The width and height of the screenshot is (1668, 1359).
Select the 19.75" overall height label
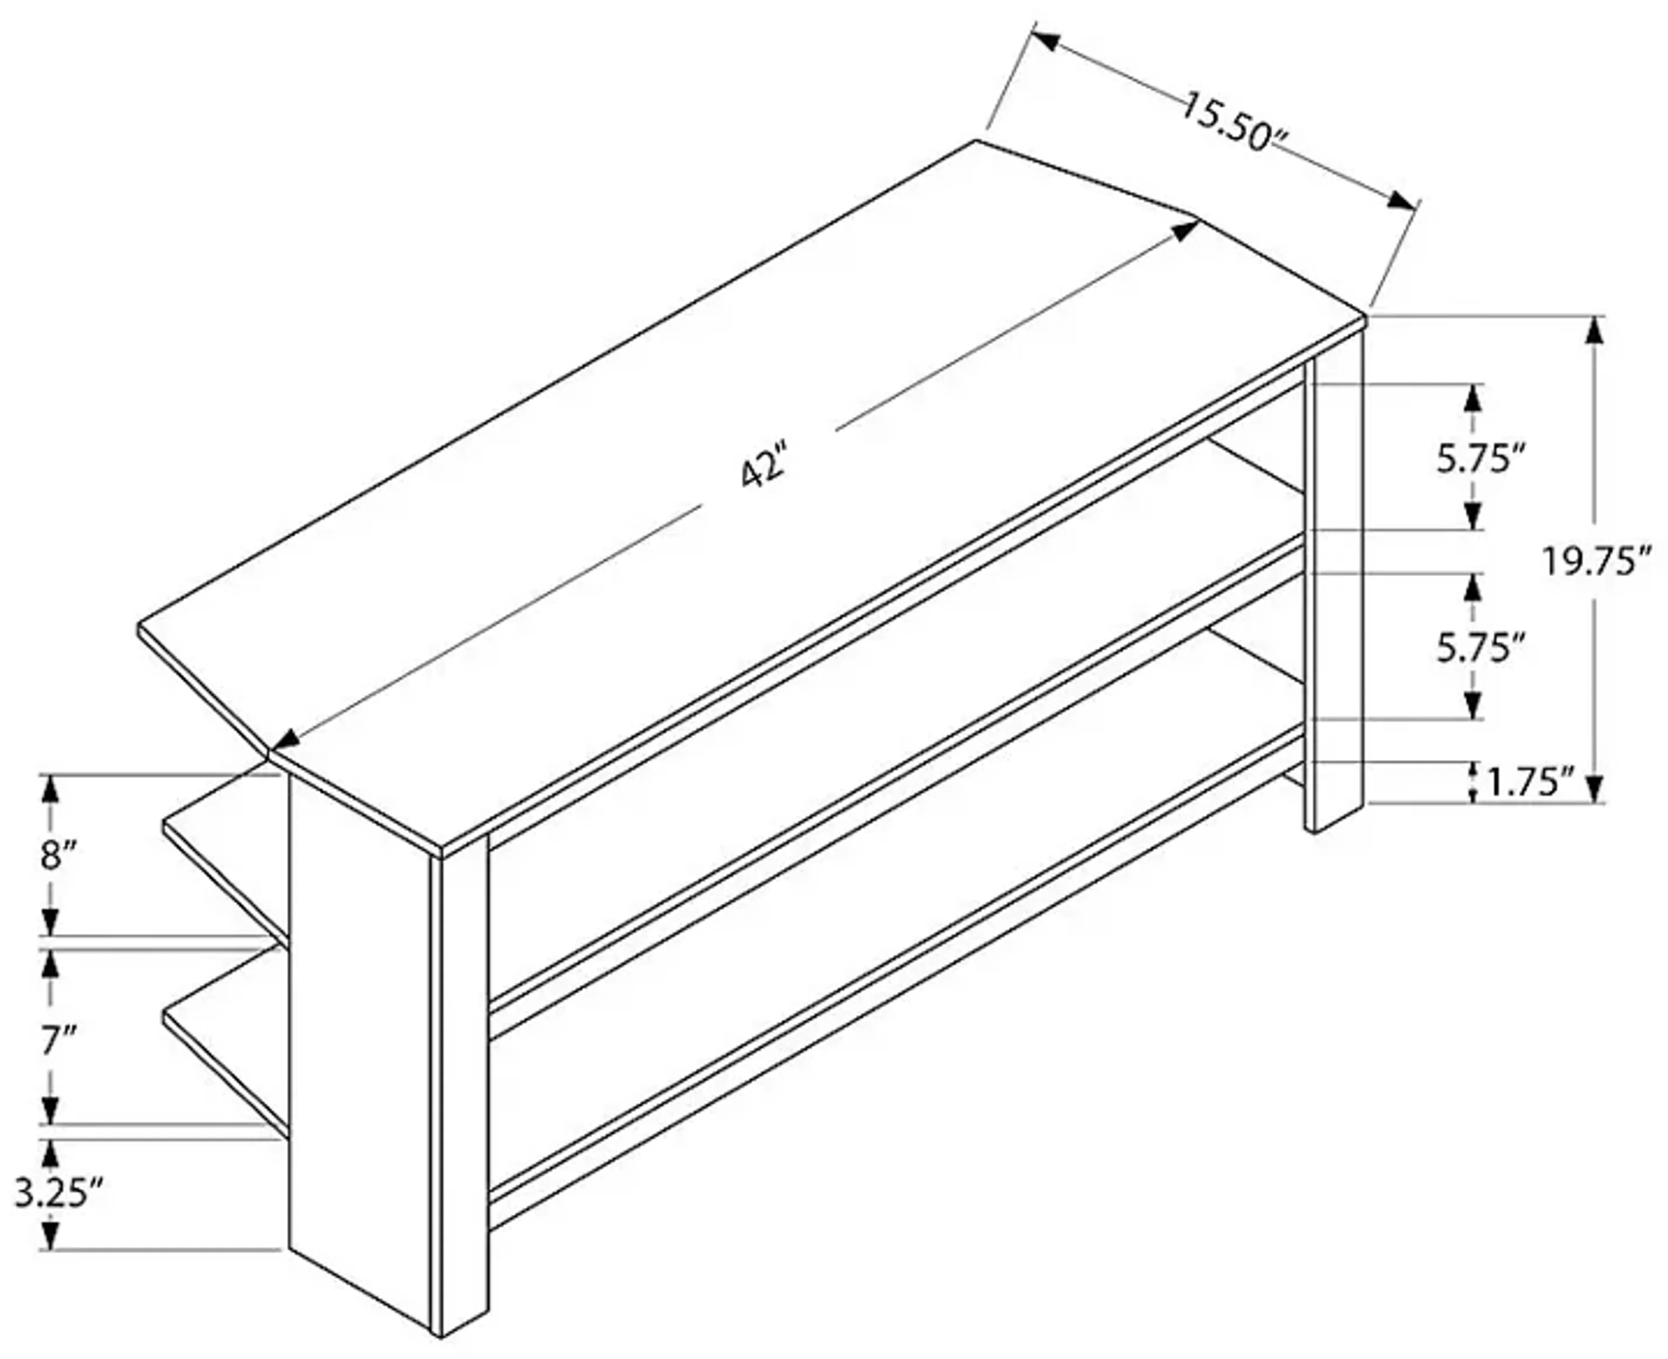1596,561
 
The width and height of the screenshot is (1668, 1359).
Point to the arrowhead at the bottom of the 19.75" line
1595,787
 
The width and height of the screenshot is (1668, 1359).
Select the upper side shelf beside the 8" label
227,861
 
